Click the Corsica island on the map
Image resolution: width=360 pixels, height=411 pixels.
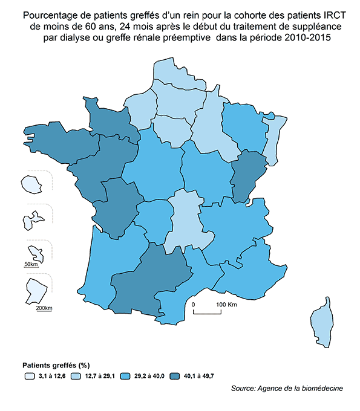click(x=322, y=326)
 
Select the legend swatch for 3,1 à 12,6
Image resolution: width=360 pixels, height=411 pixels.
click(x=28, y=376)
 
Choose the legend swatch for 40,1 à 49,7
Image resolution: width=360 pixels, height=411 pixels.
click(x=177, y=376)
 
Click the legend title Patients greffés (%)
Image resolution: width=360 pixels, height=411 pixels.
click(x=56, y=365)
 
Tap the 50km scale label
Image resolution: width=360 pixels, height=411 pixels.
click(x=31, y=265)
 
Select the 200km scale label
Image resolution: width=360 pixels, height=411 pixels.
click(x=44, y=309)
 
